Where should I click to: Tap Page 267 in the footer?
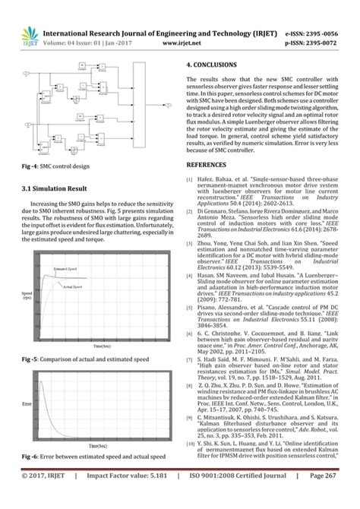pos(332,496)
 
